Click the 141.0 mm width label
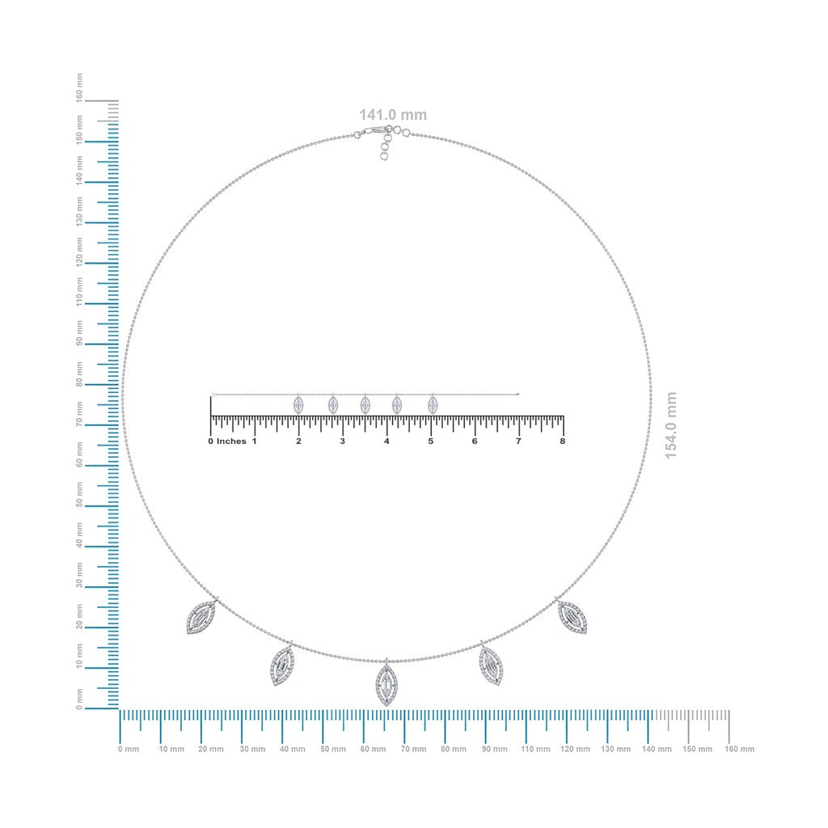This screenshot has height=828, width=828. tap(393, 115)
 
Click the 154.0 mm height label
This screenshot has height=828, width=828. tap(670, 425)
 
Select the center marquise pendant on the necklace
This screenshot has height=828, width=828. tap(387, 683)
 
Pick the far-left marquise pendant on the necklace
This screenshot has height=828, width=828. tap(201, 615)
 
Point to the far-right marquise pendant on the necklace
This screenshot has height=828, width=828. tap(572, 615)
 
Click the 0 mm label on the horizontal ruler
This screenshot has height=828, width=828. tap(129, 749)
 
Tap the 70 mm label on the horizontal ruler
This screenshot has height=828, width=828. tap(413, 749)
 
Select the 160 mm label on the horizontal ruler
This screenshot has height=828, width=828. tap(739, 749)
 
